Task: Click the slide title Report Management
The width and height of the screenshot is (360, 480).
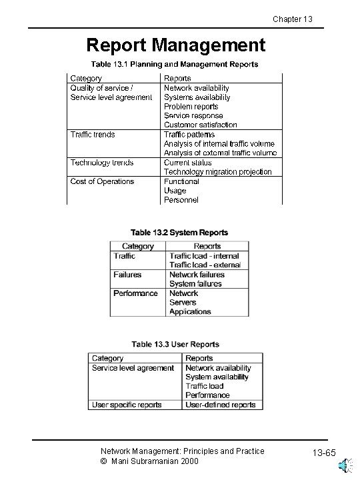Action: tap(176, 45)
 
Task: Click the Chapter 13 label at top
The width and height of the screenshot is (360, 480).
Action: tap(293, 19)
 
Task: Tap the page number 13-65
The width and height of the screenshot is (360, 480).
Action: tap(325, 455)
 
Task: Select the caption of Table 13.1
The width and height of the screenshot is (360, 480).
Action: tap(175, 65)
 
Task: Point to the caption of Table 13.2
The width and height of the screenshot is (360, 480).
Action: tap(179, 233)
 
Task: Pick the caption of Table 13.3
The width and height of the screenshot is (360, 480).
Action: tap(175, 345)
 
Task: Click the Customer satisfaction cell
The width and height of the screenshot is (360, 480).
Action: tap(200, 125)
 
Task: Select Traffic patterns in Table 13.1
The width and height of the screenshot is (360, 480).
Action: tap(189, 135)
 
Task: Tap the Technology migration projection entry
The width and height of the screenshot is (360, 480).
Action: tap(217, 172)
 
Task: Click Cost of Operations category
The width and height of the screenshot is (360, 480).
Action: tap(102, 181)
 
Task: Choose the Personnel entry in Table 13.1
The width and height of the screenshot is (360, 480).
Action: tap(181, 200)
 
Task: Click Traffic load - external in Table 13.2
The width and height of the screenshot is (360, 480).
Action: tap(204, 265)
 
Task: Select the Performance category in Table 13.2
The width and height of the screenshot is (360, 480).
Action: tap(135, 293)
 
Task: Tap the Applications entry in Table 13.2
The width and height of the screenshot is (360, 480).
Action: tap(190, 312)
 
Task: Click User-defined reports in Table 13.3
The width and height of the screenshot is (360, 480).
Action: tap(220, 405)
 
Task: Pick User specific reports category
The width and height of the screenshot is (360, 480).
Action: tap(127, 405)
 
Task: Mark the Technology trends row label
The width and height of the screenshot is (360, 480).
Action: tap(102, 163)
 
